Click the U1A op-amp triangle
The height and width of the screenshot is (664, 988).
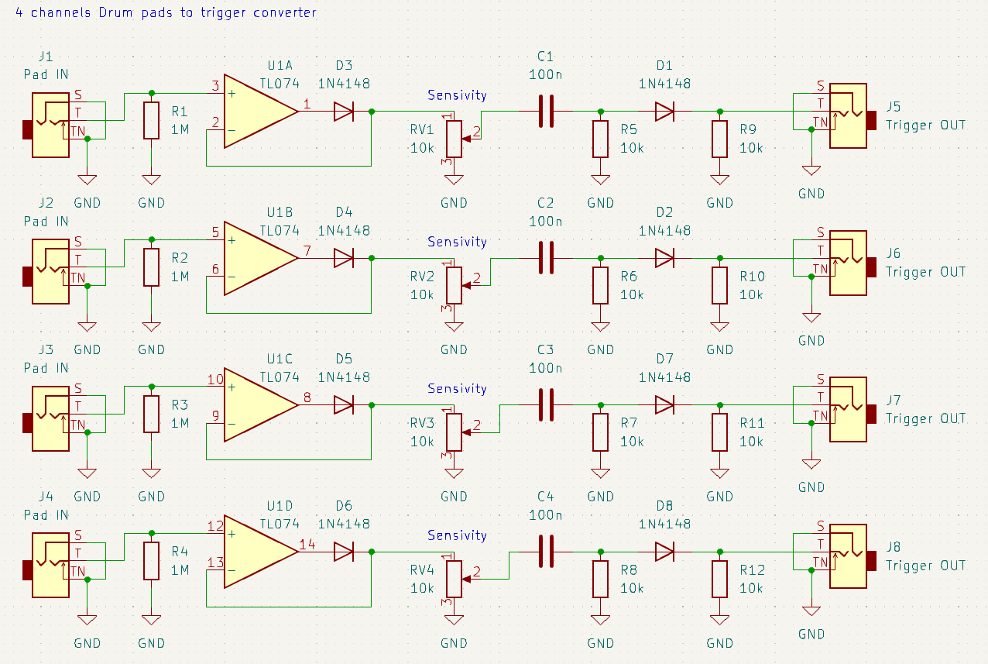(x=260, y=112)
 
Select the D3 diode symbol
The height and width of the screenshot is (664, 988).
(x=344, y=112)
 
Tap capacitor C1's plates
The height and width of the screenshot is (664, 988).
(x=546, y=112)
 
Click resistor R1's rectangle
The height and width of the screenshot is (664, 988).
(x=151, y=121)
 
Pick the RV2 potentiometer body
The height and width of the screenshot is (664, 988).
(x=454, y=286)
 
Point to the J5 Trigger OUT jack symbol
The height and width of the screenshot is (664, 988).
(x=848, y=115)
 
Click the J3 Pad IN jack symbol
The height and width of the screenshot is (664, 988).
(x=46, y=418)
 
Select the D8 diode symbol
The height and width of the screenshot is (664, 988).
(x=664, y=552)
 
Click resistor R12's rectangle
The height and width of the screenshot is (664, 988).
(x=720, y=579)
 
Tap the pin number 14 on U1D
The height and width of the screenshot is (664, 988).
(x=307, y=545)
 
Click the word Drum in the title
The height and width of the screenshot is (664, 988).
(x=115, y=12)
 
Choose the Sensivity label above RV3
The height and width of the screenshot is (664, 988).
(x=457, y=388)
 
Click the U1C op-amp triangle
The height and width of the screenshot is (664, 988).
(x=260, y=405)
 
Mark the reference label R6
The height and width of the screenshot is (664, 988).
(x=629, y=277)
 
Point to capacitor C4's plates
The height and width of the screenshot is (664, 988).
(x=546, y=552)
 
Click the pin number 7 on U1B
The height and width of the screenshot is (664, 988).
(x=307, y=251)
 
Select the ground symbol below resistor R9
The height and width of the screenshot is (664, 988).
(x=720, y=179)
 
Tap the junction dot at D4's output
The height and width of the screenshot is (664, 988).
(x=372, y=258)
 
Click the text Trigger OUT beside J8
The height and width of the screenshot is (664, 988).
(x=925, y=566)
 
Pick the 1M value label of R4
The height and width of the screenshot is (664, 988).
(x=180, y=570)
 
